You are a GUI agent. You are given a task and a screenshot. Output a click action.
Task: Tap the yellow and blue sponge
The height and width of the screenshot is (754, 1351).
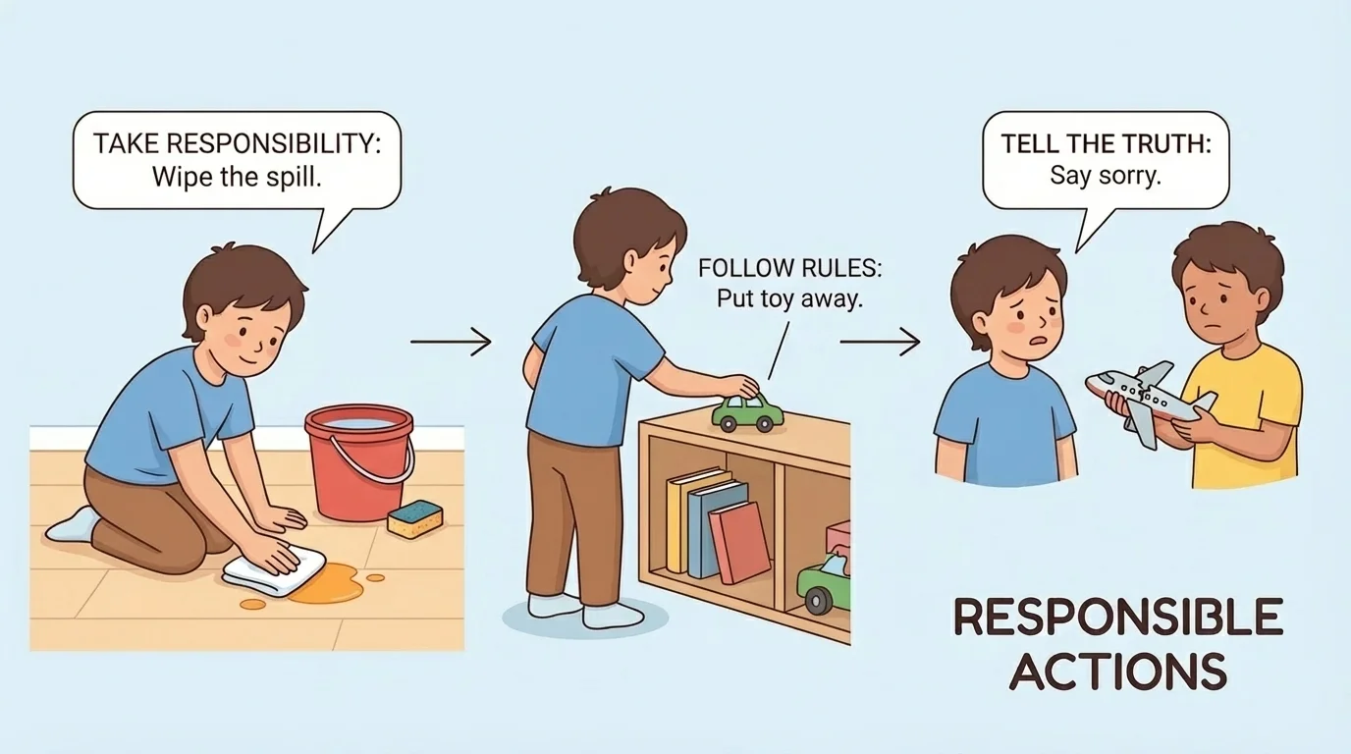coord(415,518)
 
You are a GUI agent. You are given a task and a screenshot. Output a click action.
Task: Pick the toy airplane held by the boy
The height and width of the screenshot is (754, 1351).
coord(1150,398)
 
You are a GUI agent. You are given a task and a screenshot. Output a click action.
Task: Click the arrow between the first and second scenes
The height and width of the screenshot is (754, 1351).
coord(450,342)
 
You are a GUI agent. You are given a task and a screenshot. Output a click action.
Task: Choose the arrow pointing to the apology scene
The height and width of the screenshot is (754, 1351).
coord(880,342)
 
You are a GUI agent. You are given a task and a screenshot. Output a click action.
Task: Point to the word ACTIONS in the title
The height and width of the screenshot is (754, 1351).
coord(1118,671)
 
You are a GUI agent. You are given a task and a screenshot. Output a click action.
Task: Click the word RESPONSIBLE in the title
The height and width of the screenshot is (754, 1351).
coord(1118,619)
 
